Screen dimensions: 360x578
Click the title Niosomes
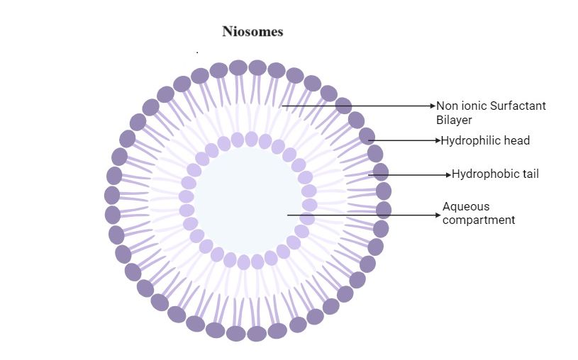click(252, 32)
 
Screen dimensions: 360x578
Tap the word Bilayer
click(454, 120)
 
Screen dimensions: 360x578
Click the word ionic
click(473, 106)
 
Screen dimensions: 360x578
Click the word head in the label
click(517, 140)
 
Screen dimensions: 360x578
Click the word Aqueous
click(466, 207)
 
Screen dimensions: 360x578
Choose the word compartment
click(479, 220)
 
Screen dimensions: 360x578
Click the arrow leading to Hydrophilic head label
click(404, 140)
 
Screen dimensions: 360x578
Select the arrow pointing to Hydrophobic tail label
click(411, 174)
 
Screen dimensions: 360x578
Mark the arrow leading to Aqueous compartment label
click(362, 215)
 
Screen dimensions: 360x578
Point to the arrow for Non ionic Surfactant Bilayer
click(355, 106)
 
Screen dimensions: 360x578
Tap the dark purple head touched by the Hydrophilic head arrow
click(367, 136)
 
